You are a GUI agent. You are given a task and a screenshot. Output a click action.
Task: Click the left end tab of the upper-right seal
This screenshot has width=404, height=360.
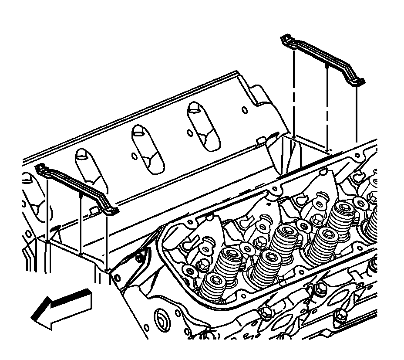click(x=286, y=40)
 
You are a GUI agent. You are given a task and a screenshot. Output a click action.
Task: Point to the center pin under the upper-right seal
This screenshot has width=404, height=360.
click(x=327, y=67)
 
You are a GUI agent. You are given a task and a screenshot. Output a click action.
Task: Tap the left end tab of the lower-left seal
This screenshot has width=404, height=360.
click(x=40, y=168)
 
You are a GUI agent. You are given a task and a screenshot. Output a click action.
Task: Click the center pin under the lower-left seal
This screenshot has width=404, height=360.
click(x=81, y=197)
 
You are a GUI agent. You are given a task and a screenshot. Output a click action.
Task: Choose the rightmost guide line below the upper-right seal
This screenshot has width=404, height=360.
click(x=356, y=113)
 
